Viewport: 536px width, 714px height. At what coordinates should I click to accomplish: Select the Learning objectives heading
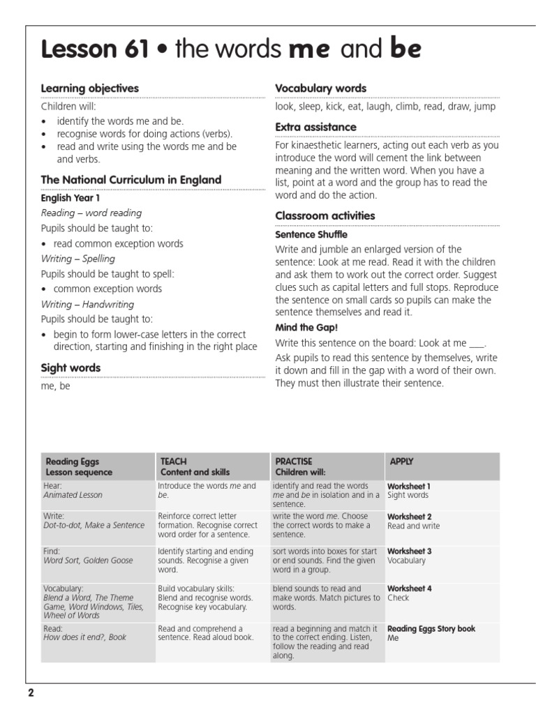click(89, 89)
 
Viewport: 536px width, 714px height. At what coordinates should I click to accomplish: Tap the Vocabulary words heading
click(320, 89)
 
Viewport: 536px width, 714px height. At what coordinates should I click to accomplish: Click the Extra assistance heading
click(315, 127)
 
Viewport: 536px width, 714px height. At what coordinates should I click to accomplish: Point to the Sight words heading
click(70, 367)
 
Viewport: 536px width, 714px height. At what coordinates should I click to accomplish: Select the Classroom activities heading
click(325, 215)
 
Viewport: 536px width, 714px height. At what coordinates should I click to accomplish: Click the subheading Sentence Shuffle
click(311, 234)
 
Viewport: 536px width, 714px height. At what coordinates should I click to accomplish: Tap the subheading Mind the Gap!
click(303, 327)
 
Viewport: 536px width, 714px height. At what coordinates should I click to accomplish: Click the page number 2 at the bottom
click(31, 694)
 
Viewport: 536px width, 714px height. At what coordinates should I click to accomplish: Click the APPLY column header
click(401, 461)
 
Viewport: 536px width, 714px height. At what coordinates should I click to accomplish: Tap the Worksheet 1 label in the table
click(409, 486)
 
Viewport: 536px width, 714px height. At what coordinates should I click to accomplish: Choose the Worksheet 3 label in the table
click(409, 552)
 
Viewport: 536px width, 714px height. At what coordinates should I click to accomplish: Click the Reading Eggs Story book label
click(431, 628)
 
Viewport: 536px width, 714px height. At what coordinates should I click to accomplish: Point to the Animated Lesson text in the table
click(73, 495)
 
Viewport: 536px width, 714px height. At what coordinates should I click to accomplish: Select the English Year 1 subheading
click(70, 198)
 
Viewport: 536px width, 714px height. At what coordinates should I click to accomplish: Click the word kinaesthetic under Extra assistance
click(318, 146)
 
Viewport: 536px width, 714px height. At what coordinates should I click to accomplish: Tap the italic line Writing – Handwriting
click(87, 304)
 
